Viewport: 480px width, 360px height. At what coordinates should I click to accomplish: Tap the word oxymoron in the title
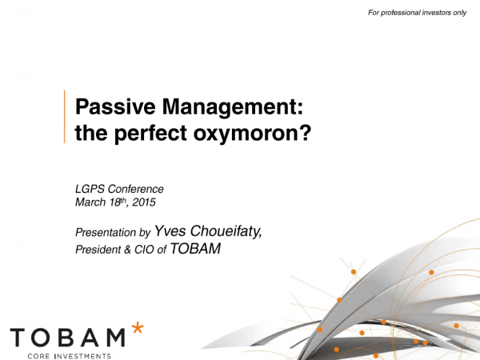tap(246, 134)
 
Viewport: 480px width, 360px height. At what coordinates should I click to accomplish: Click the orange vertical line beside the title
tap(64, 117)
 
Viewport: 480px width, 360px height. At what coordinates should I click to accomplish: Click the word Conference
tap(136, 189)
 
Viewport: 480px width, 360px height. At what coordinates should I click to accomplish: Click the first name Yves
tap(170, 231)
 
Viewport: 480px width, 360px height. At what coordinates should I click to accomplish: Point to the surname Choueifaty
tap(226, 231)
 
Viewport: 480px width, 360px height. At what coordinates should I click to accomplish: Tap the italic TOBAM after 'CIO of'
tap(195, 248)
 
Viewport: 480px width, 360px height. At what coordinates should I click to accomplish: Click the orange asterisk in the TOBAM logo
tap(138, 328)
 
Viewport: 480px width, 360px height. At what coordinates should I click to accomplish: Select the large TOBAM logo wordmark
tap(68, 338)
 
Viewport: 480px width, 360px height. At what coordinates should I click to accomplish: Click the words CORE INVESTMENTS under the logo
tap(69, 356)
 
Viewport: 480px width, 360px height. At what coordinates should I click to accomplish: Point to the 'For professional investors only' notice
tap(417, 13)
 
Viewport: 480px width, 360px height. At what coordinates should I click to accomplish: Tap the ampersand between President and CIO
tap(128, 250)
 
